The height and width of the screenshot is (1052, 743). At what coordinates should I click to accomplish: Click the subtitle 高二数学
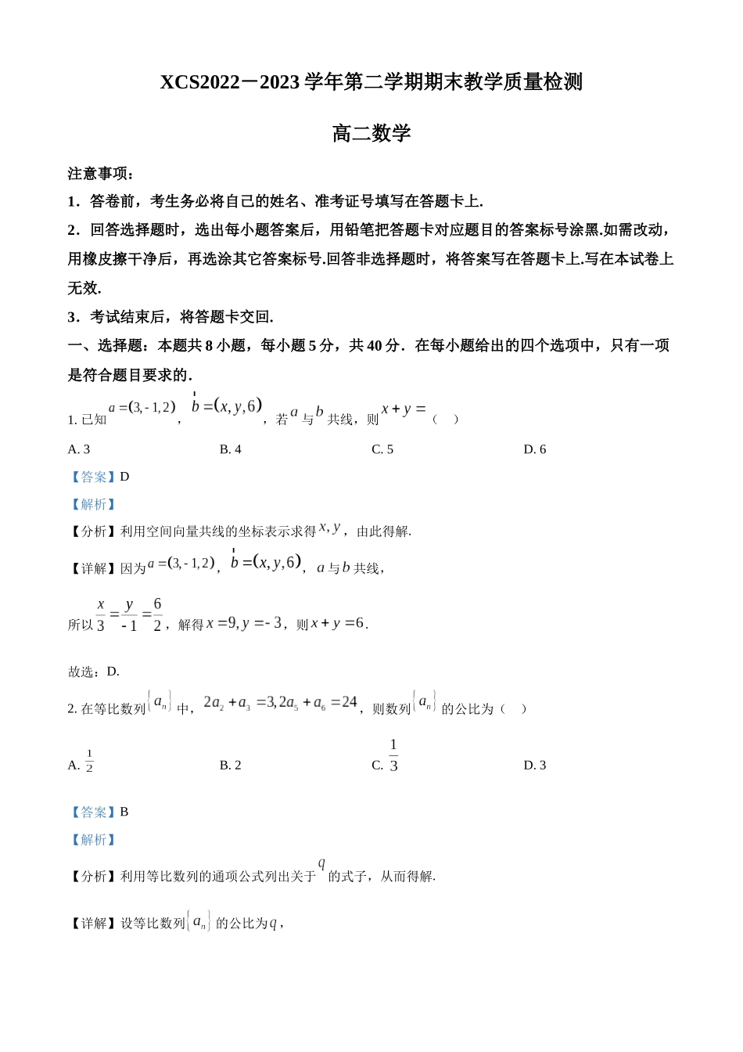371,134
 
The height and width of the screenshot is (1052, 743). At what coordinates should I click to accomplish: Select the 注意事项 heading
101,174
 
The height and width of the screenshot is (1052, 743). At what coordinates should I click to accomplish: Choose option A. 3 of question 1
79,449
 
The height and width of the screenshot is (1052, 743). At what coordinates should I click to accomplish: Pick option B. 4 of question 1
231,449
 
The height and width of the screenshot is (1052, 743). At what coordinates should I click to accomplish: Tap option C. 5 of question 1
382,449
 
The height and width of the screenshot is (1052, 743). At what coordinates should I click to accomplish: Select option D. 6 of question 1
535,449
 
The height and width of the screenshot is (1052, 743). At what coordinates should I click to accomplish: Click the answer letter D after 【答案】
124,477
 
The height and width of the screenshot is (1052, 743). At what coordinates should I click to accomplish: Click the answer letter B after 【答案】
124,812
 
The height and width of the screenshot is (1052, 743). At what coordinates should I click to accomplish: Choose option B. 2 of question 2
231,766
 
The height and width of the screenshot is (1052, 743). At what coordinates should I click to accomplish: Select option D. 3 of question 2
535,766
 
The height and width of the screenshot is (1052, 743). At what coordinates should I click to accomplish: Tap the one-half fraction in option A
89,761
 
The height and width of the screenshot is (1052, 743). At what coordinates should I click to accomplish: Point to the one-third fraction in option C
393,755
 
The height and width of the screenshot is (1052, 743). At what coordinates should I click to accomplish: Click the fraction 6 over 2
157,614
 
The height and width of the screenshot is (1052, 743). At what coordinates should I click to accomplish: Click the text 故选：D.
94,672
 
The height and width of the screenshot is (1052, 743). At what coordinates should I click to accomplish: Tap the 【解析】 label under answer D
93,504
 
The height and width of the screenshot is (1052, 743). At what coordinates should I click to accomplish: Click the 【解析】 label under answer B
93,840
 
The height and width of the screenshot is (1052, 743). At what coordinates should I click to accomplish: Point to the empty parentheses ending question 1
445,420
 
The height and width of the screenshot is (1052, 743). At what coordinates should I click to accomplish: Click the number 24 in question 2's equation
350,702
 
